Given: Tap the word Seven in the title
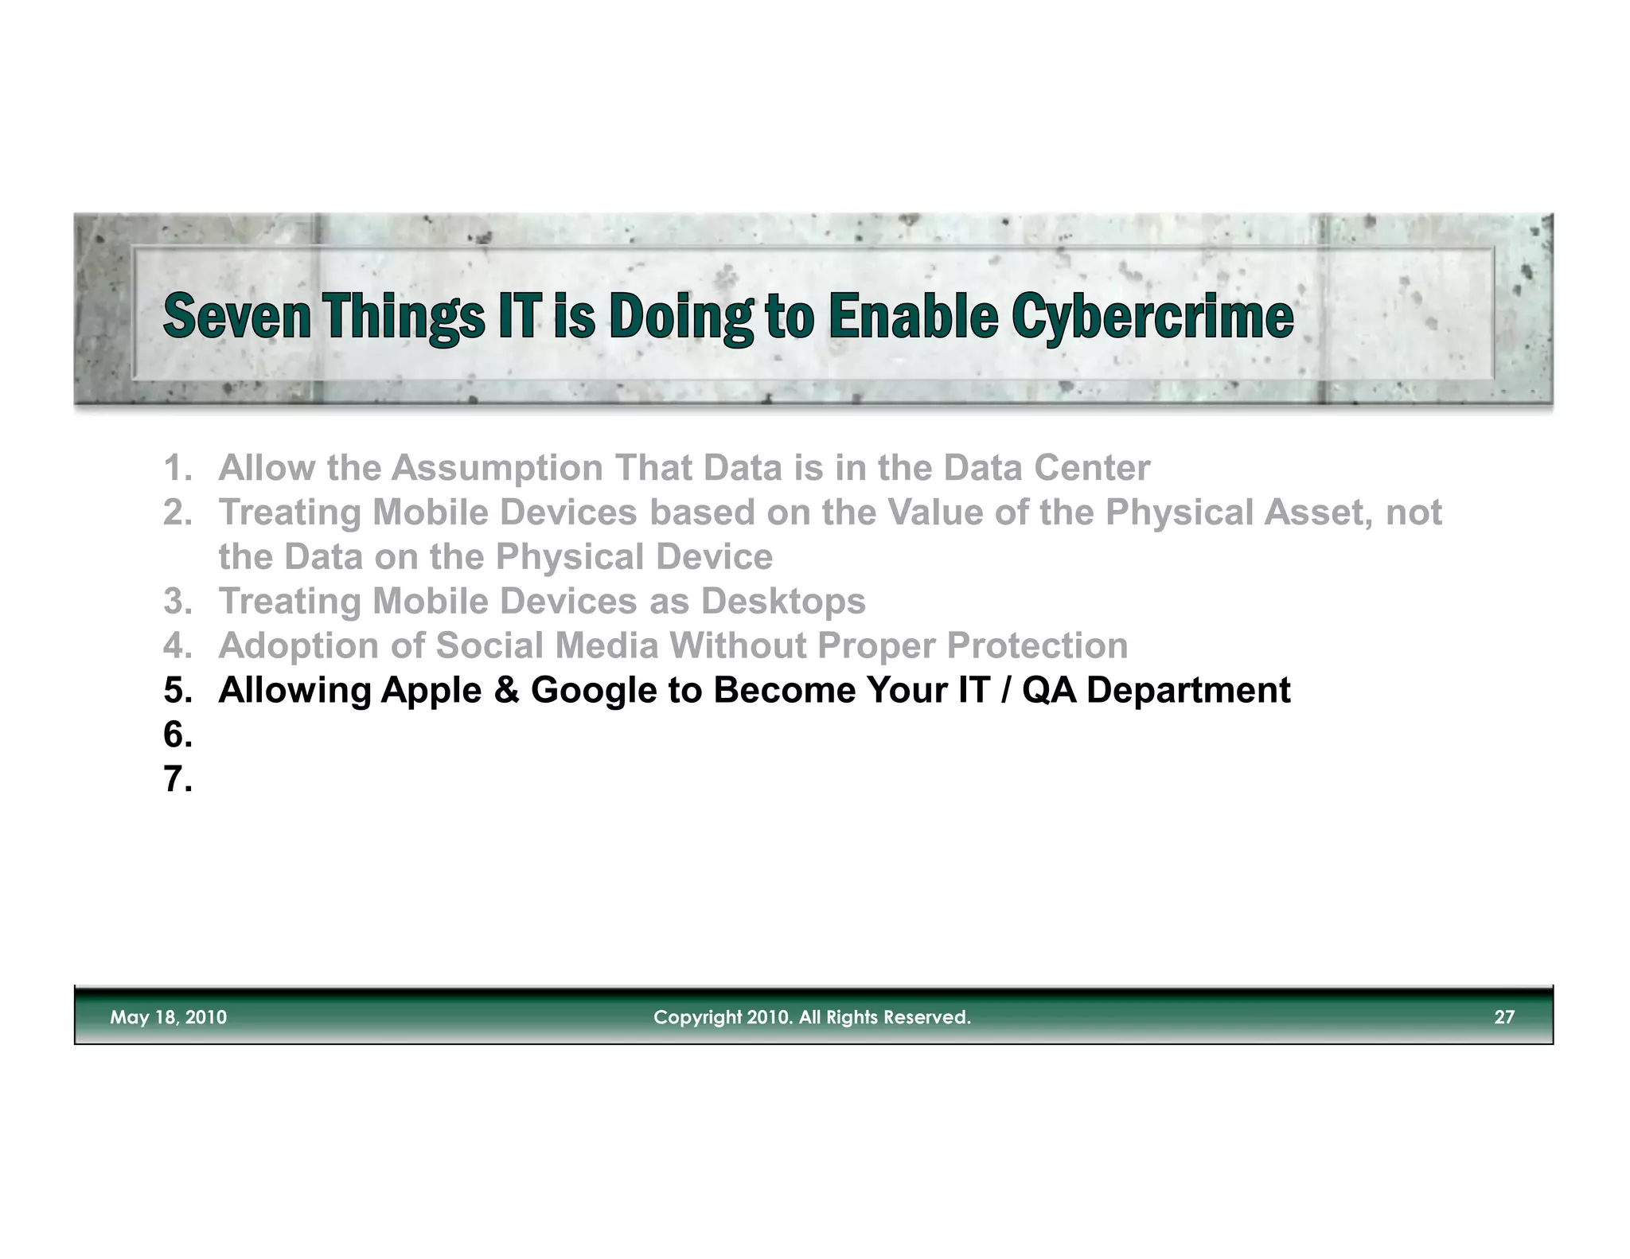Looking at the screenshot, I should pyautogui.click(x=236, y=316).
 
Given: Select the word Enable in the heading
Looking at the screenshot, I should pyautogui.click(x=913, y=316).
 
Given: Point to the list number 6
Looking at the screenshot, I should pyautogui.click(x=177, y=735).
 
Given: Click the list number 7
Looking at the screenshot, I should pyautogui.click(x=177, y=779).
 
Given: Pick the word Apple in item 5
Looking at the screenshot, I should pyautogui.click(x=431, y=691).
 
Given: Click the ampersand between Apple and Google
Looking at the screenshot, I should pyautogui.click(x=506, y=691).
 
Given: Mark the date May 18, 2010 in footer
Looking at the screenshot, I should pyautogui.click(x=168, y=1017).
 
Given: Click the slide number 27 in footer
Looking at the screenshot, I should pyautogui.click(x=1503, y=1017).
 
